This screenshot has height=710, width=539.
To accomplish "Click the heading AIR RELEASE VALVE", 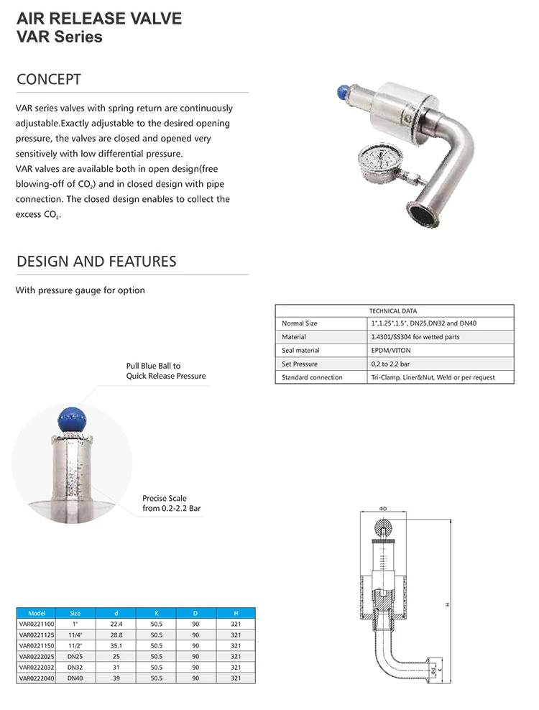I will click(98, 18).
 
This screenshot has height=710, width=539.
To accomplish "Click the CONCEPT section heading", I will click(49, 79).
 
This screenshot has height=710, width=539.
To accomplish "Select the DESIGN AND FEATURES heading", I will click(96, 261).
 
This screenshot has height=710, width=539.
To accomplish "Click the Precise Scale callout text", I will click(172, 503).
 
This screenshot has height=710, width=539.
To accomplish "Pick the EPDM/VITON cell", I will click(387, 350).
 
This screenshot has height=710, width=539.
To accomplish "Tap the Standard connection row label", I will click(312, 377).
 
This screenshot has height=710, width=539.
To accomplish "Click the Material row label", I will click(294, 336).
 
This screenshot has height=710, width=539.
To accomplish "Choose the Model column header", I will click(37, 613).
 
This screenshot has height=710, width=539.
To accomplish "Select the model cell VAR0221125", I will click(37, 635).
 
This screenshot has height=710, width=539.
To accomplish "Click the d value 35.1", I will click(116, 645).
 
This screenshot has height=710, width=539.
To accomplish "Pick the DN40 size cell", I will click(75, 678).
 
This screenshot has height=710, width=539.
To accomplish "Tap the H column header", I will click(236, 613).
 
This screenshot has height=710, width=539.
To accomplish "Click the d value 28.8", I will click(116, 635).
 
